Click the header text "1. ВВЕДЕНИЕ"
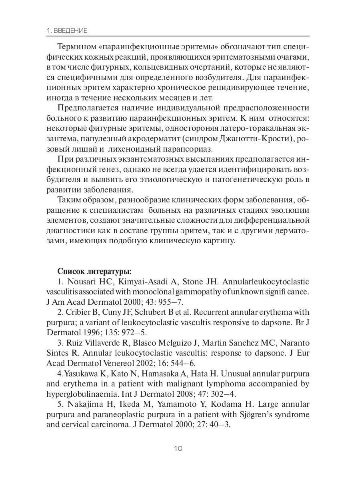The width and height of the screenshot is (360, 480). (67, 31)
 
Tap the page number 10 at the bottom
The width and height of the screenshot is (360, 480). (178, 448)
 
